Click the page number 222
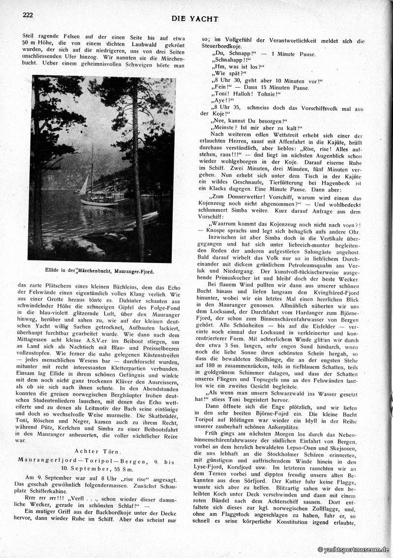[28, 15]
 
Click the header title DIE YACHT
[195, 19]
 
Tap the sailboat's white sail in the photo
[84, 186]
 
